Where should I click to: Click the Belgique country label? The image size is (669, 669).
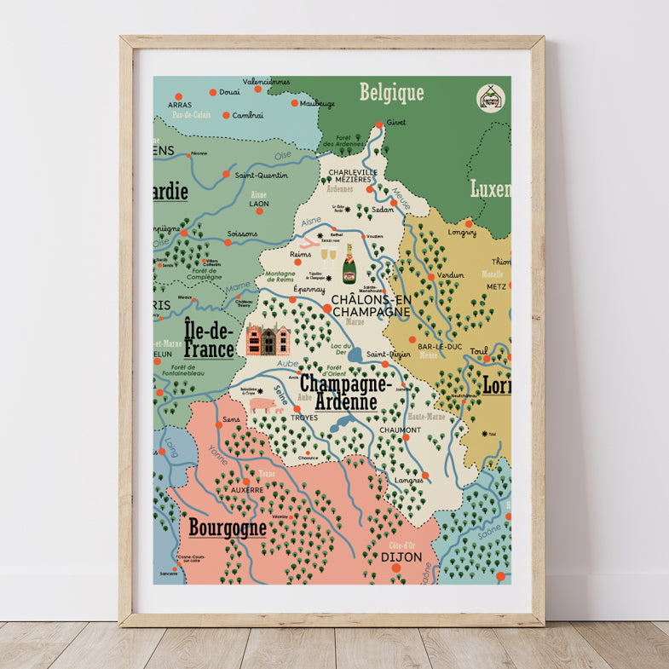(391, 92)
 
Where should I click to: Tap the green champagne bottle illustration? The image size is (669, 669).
(349, 264)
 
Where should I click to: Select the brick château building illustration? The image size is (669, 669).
(268, 339)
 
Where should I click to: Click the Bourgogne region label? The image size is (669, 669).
(228, 528)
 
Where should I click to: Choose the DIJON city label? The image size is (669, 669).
(401, 557)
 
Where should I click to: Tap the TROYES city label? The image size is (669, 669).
(304, 418)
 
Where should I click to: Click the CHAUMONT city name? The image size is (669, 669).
(401, 430)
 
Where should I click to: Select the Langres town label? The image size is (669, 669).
(408, 481)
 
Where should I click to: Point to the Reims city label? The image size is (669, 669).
(301, 254)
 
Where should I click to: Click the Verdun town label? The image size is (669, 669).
(451, 275)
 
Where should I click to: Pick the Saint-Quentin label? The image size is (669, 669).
(261, 176)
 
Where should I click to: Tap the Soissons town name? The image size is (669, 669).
(242, 234)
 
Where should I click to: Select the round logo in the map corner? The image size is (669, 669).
(489, 98)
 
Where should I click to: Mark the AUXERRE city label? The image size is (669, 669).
(248, 490)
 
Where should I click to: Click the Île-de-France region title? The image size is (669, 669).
(209, 337)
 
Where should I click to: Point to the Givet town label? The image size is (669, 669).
(395, 123)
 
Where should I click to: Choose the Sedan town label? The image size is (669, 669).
(384, 208)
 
